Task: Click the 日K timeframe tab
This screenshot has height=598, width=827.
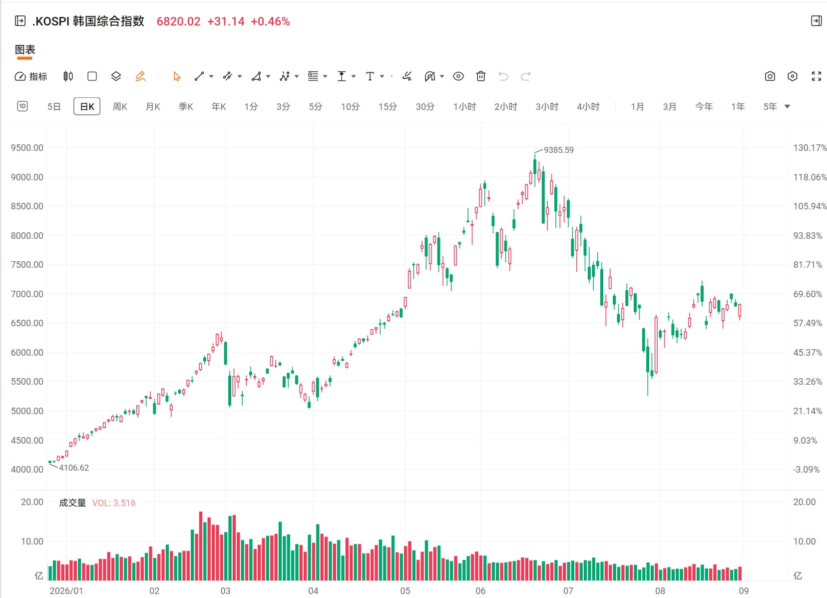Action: [87, 106]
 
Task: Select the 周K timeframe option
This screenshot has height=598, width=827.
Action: [120, 107]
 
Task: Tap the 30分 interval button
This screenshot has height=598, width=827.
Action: [425, 107]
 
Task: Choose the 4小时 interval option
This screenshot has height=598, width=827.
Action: [588, 107]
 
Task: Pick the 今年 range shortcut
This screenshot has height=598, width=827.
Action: [704, 107]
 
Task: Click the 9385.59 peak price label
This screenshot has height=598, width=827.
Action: [559, 150]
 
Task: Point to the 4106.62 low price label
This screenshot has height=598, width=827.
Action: [74, 468]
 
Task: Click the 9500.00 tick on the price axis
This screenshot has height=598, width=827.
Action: [27, 148]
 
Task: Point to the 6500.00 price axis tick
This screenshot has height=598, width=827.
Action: [27, 323]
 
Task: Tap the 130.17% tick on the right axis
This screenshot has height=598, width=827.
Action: [810, 148]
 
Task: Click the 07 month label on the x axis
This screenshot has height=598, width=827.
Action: [568, 591]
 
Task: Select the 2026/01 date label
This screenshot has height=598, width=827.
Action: [66, 591]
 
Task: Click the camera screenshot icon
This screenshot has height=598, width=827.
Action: [770, 76]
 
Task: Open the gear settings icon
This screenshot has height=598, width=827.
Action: [793, 76]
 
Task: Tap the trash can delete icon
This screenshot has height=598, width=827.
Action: [481, 76]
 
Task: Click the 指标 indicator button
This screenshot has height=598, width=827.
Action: [31, 76]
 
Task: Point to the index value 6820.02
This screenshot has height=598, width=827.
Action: [178, 21]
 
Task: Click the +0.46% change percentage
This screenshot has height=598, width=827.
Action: [270, 21]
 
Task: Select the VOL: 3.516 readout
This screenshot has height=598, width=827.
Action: [114, 503]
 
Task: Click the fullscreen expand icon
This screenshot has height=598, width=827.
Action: [817, 76]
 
